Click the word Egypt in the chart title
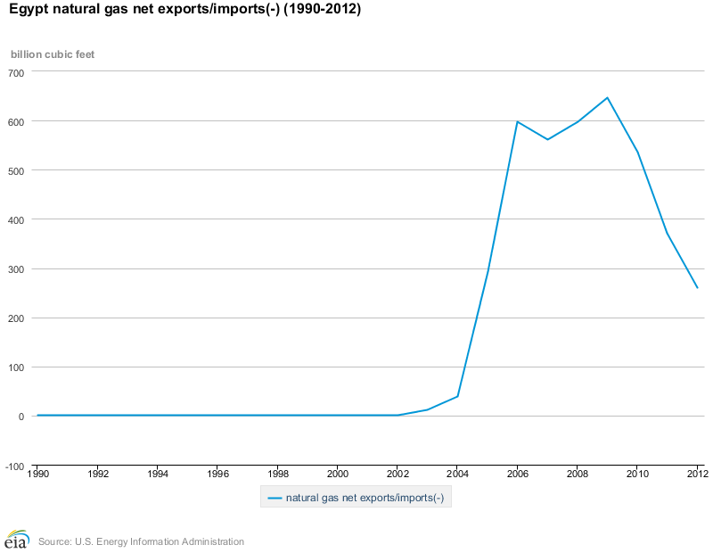coord(28,12)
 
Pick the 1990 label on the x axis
coord(38,474)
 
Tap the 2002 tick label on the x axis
coord(397,474)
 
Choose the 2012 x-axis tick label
coord(696,474)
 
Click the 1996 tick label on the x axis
coord(218,474)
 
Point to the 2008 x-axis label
coord(577,474)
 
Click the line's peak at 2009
coord(607,97)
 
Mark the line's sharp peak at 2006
coord(517,121)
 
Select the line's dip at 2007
coord(547,139)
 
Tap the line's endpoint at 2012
coord(697,287)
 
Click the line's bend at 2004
coord(457,396)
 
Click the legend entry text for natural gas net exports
coord(365,498)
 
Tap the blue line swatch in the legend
coord(274,498)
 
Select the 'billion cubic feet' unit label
coord(53,54)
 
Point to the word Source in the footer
coord(55,541)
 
